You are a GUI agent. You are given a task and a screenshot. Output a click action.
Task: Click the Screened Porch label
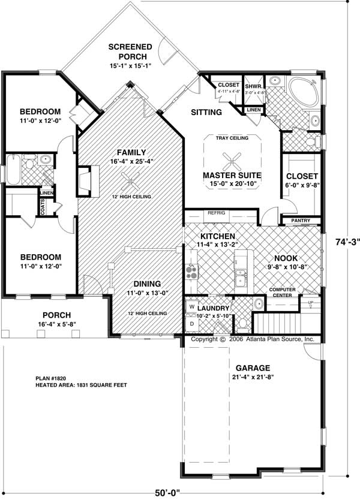coord(130,52)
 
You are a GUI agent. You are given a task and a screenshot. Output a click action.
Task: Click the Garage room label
coord(253,368)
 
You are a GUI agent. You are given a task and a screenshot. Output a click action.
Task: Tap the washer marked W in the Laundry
coord(192,307)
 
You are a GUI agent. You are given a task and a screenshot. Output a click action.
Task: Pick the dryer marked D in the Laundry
coord(192,323)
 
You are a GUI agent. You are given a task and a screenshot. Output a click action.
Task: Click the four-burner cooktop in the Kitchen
coord(192,273)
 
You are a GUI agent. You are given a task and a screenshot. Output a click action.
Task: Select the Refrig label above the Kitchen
coord(216,213)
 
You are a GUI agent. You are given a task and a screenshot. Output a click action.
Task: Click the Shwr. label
coord(251,86)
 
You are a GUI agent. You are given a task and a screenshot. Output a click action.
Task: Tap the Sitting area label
coord(206,112)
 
